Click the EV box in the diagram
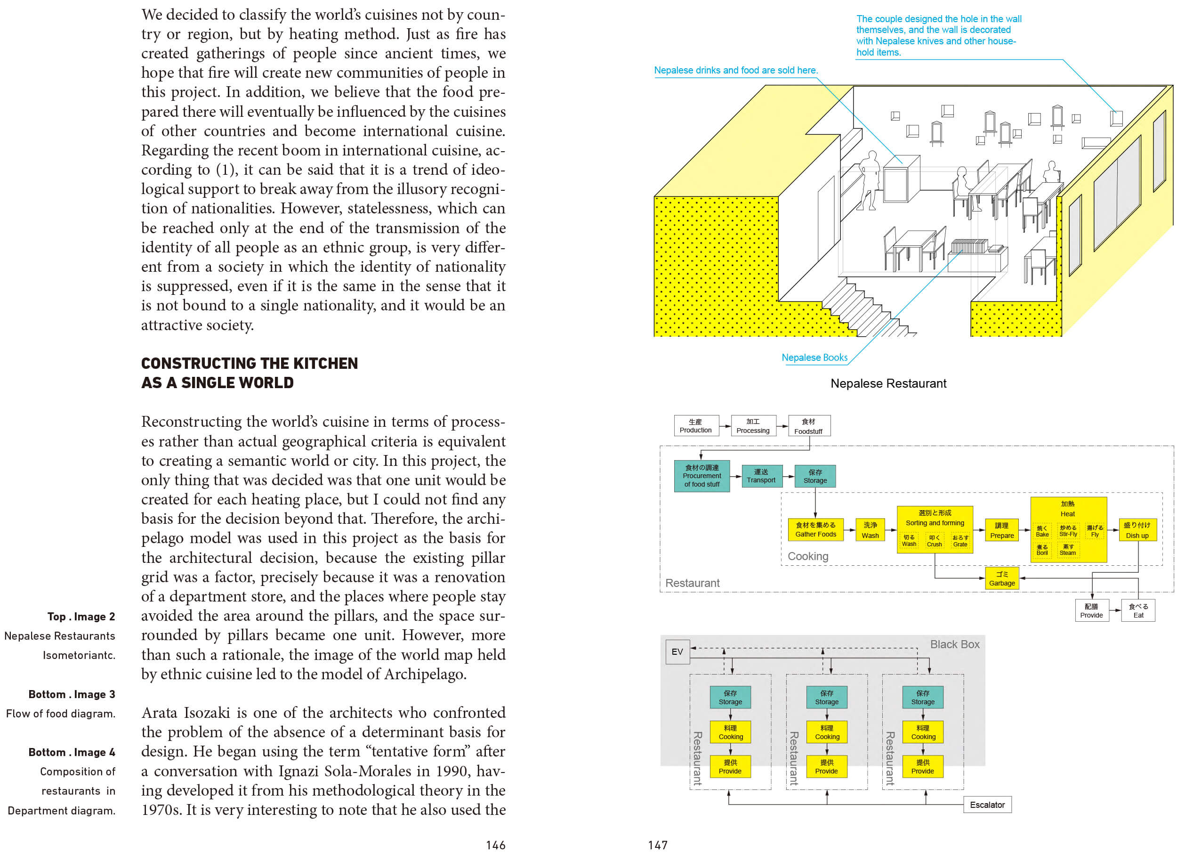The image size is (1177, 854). pyautogui.click(x=677, y=652)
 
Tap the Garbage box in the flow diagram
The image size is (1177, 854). pyautogui.click(x=1001, y=579)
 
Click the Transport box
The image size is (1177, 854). pyautogui.click(x=761, y=476)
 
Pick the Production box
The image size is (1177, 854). pyautogui.click(x=696, y=426)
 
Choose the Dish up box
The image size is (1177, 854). pyautogui.click(x=1137, y=530)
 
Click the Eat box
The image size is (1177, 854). pyautogui.click(x=1138, y=610)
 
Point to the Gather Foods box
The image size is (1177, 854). pyautogui.click(x=815, y=529)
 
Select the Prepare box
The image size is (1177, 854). pyautogui.click(x=1001, y=530)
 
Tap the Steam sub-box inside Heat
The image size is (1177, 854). pyautogui.click(x=1067, y=550)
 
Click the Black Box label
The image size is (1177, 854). pyautogui.click(x=954, y=644)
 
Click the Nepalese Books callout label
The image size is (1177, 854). pyautogui.click(x=814, y=358)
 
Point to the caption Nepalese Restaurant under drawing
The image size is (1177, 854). pyautogui.click(x=888, y=383)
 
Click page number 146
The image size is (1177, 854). pyautogui.click(x=496, y=845)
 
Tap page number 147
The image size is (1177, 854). pyautogui.click(x=658, y=845)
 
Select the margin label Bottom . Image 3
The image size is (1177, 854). pyautogui.click(x=72, y=695)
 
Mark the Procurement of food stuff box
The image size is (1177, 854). pyautogui.click(x=701, y=476)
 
